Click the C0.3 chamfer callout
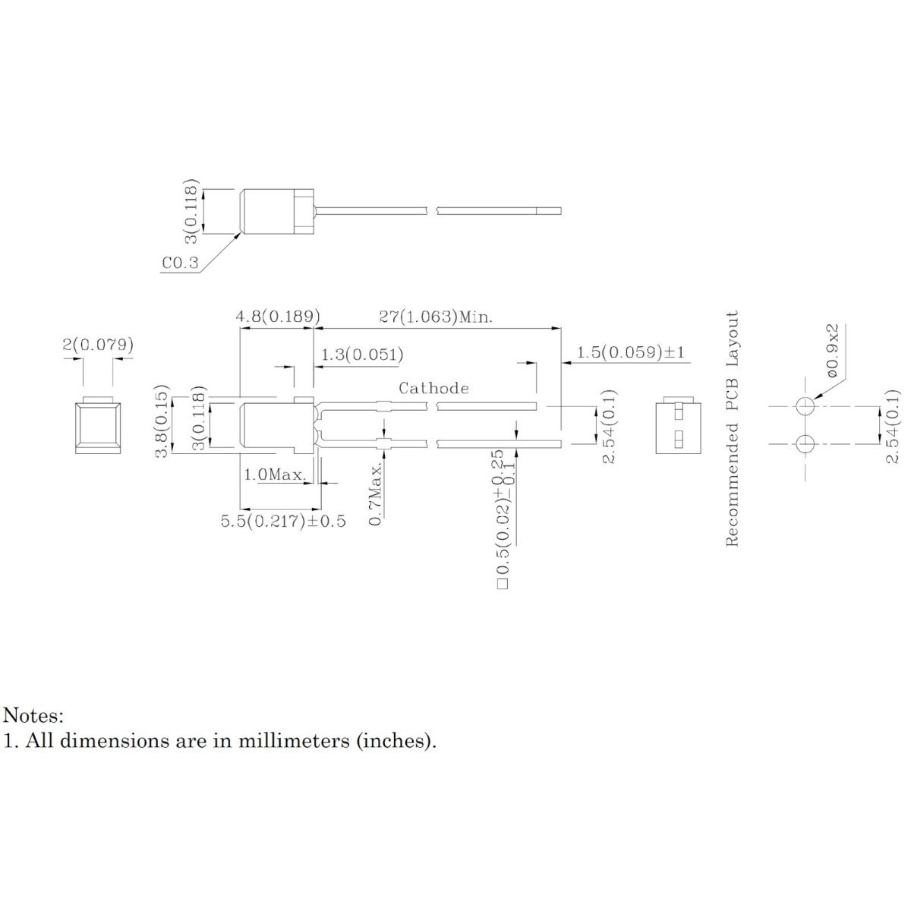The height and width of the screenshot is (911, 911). click(180, 263)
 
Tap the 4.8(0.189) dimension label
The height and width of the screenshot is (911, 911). click(278, 316)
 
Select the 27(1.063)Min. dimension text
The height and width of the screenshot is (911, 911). click(436, 317)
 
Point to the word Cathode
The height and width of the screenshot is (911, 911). click(433, 388)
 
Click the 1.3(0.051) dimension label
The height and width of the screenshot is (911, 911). click(362, 354)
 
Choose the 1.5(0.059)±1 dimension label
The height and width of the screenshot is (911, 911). click(631, 351)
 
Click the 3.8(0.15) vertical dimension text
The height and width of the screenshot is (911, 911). click(162, 421)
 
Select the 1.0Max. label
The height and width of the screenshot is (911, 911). click(275, 474)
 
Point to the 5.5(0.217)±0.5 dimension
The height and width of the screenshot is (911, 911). click(283, 521)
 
